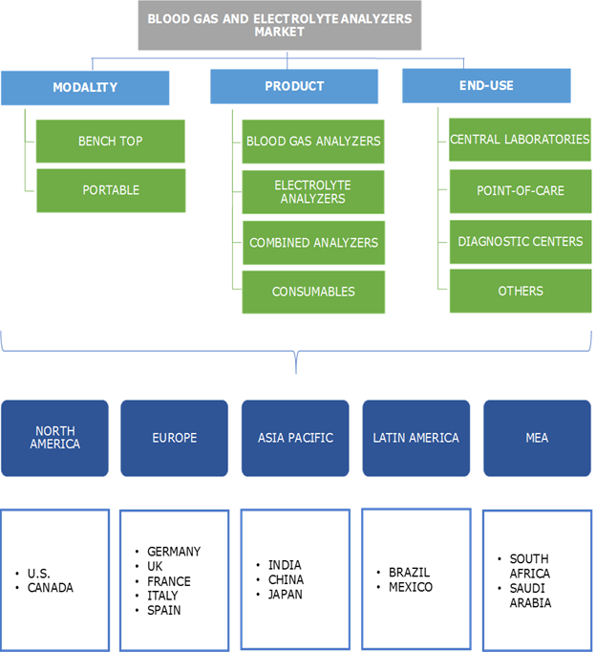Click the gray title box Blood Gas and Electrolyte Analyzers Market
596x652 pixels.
(x=279, y=25)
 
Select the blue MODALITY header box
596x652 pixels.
(x=85, y=87)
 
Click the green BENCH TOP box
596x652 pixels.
(x=111, y=141)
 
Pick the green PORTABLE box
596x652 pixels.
(x=111, y=190)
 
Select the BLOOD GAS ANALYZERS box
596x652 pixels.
(x=313, y=141)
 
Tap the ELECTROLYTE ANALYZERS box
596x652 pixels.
(x=313, y=191)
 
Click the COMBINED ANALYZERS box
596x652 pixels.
(x=313, y=243)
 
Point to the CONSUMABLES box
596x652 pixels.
(x=313, y=292)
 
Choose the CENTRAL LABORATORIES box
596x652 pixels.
(x=520, y=140)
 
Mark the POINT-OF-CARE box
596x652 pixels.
(x=520, y=190)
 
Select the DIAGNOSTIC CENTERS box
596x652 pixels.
(x=520, y=241)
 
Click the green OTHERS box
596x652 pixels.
(x=520, y=291)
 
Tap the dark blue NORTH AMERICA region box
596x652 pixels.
(x=54, y=438)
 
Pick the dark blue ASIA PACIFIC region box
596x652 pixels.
(x=295, y=438)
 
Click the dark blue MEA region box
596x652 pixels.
(x=537, y=438)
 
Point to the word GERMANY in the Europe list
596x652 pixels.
(x=174, y=552)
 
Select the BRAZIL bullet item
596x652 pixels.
(x=409, y=573)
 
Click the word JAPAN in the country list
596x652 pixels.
(x=286, y=594)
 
